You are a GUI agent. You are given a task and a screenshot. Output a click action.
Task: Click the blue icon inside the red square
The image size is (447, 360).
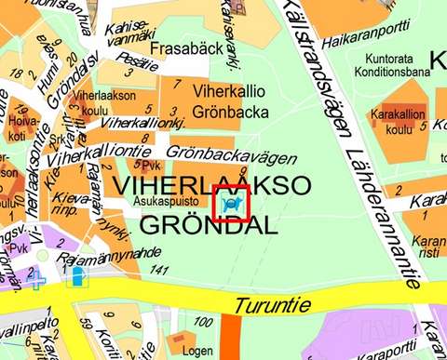click(230, 203)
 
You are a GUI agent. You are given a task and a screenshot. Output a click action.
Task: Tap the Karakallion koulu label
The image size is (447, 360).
click(398, 122)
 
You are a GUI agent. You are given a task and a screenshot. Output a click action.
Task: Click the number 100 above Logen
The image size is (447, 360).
click(201, 322)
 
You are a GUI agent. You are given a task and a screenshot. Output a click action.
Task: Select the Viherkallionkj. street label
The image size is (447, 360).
click(137, 123)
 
